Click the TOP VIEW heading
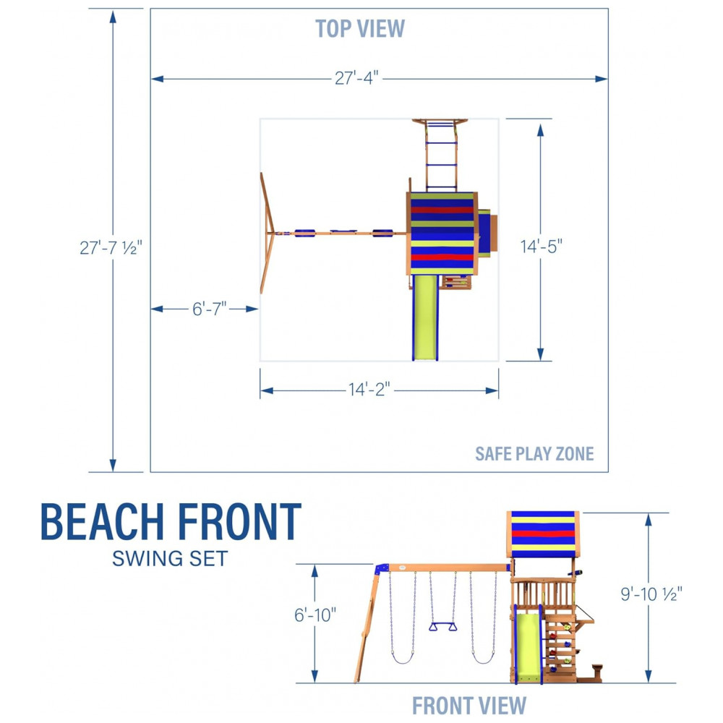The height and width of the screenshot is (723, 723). [360, 29]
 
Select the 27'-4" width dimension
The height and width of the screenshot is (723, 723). [357, 78]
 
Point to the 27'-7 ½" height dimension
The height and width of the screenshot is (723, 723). [112, 247]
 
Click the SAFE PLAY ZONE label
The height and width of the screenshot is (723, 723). [534, 454]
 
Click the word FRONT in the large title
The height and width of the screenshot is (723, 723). [237, 522]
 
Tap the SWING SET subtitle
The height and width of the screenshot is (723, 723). [170, 558]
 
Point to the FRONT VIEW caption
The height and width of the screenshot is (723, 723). [469, 704]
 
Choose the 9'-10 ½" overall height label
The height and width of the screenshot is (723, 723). [649, 594]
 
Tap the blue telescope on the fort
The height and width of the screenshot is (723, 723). [576, 573]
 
